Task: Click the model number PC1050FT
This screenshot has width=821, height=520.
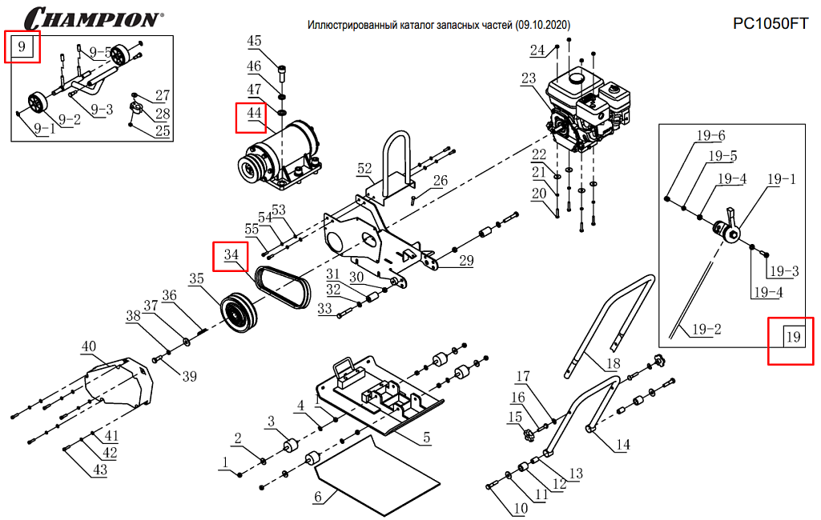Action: point(771,24)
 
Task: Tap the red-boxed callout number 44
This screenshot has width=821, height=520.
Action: point(254,114)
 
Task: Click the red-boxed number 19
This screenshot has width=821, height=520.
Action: point(792,338)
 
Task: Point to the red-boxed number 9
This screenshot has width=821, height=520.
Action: point(22,48)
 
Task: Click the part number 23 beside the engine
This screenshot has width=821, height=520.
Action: point(528,78)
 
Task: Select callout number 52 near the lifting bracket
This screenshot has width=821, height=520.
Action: point(364,169)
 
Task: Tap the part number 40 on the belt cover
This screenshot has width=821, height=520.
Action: point(88,347)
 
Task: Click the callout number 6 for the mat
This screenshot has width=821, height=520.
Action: point(317,498)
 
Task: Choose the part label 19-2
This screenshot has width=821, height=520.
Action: point(706,329)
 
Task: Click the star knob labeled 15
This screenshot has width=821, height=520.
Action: point(529,436)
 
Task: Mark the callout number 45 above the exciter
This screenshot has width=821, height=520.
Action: point(254,41)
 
